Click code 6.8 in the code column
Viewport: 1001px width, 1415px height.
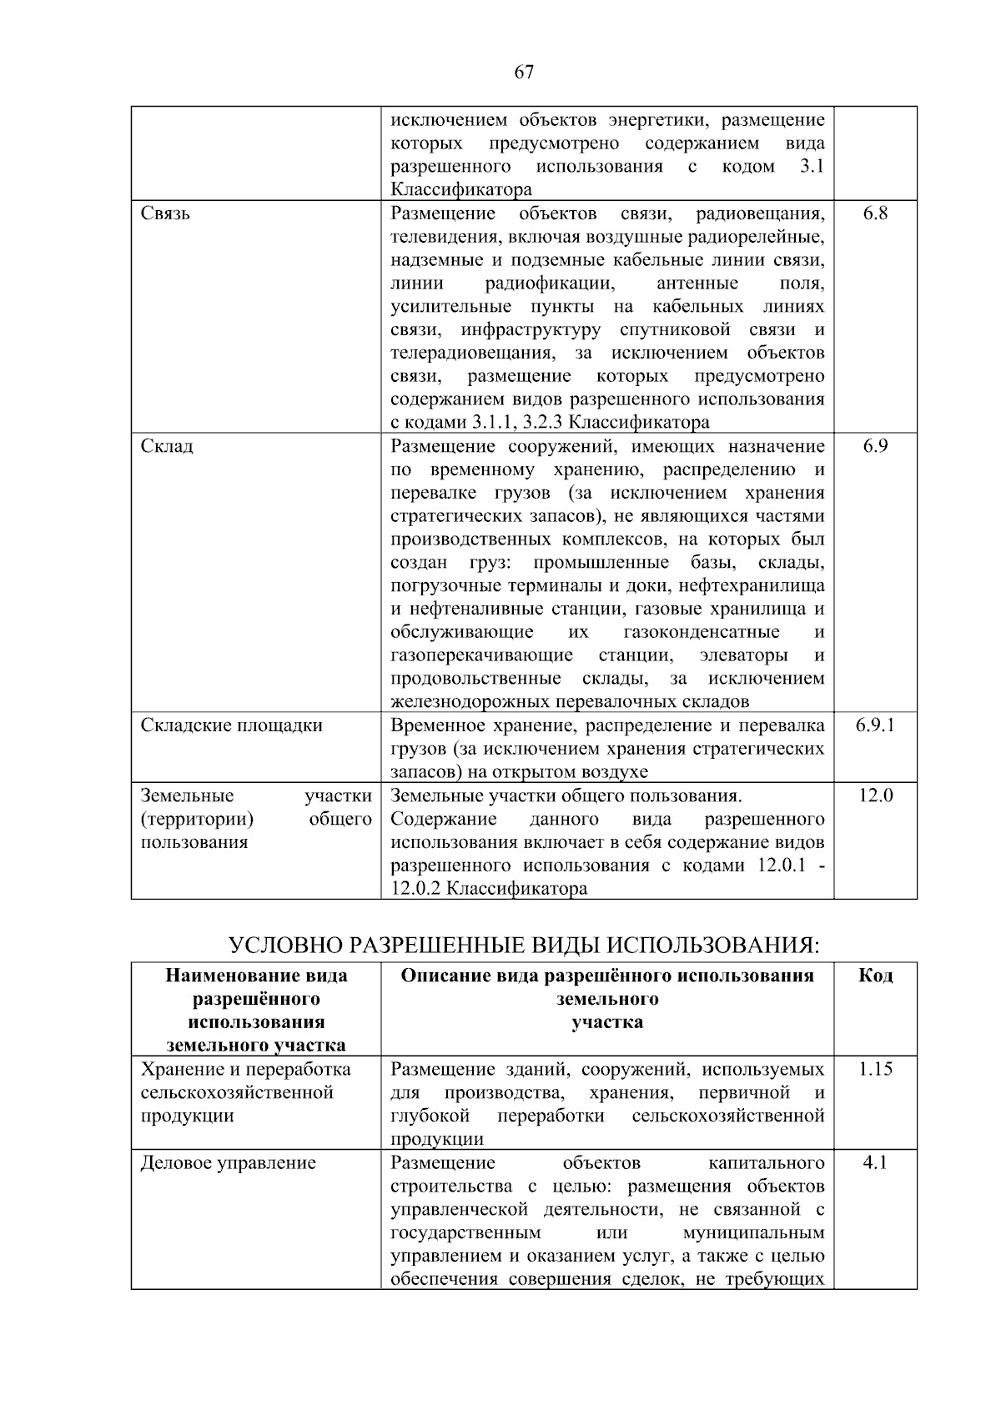875,213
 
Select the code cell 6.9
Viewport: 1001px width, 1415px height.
875,446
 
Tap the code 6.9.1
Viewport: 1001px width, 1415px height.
875,725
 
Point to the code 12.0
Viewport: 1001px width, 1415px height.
875,795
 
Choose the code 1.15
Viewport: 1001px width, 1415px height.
875,1070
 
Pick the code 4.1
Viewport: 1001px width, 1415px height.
875,1163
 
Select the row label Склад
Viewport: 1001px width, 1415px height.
167,446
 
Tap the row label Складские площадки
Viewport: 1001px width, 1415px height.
231,725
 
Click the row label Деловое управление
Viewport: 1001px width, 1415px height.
228,1163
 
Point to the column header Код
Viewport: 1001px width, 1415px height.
875,976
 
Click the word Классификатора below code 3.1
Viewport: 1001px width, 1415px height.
460,190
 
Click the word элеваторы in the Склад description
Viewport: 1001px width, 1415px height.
743,655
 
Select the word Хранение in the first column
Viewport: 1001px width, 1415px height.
179,1070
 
